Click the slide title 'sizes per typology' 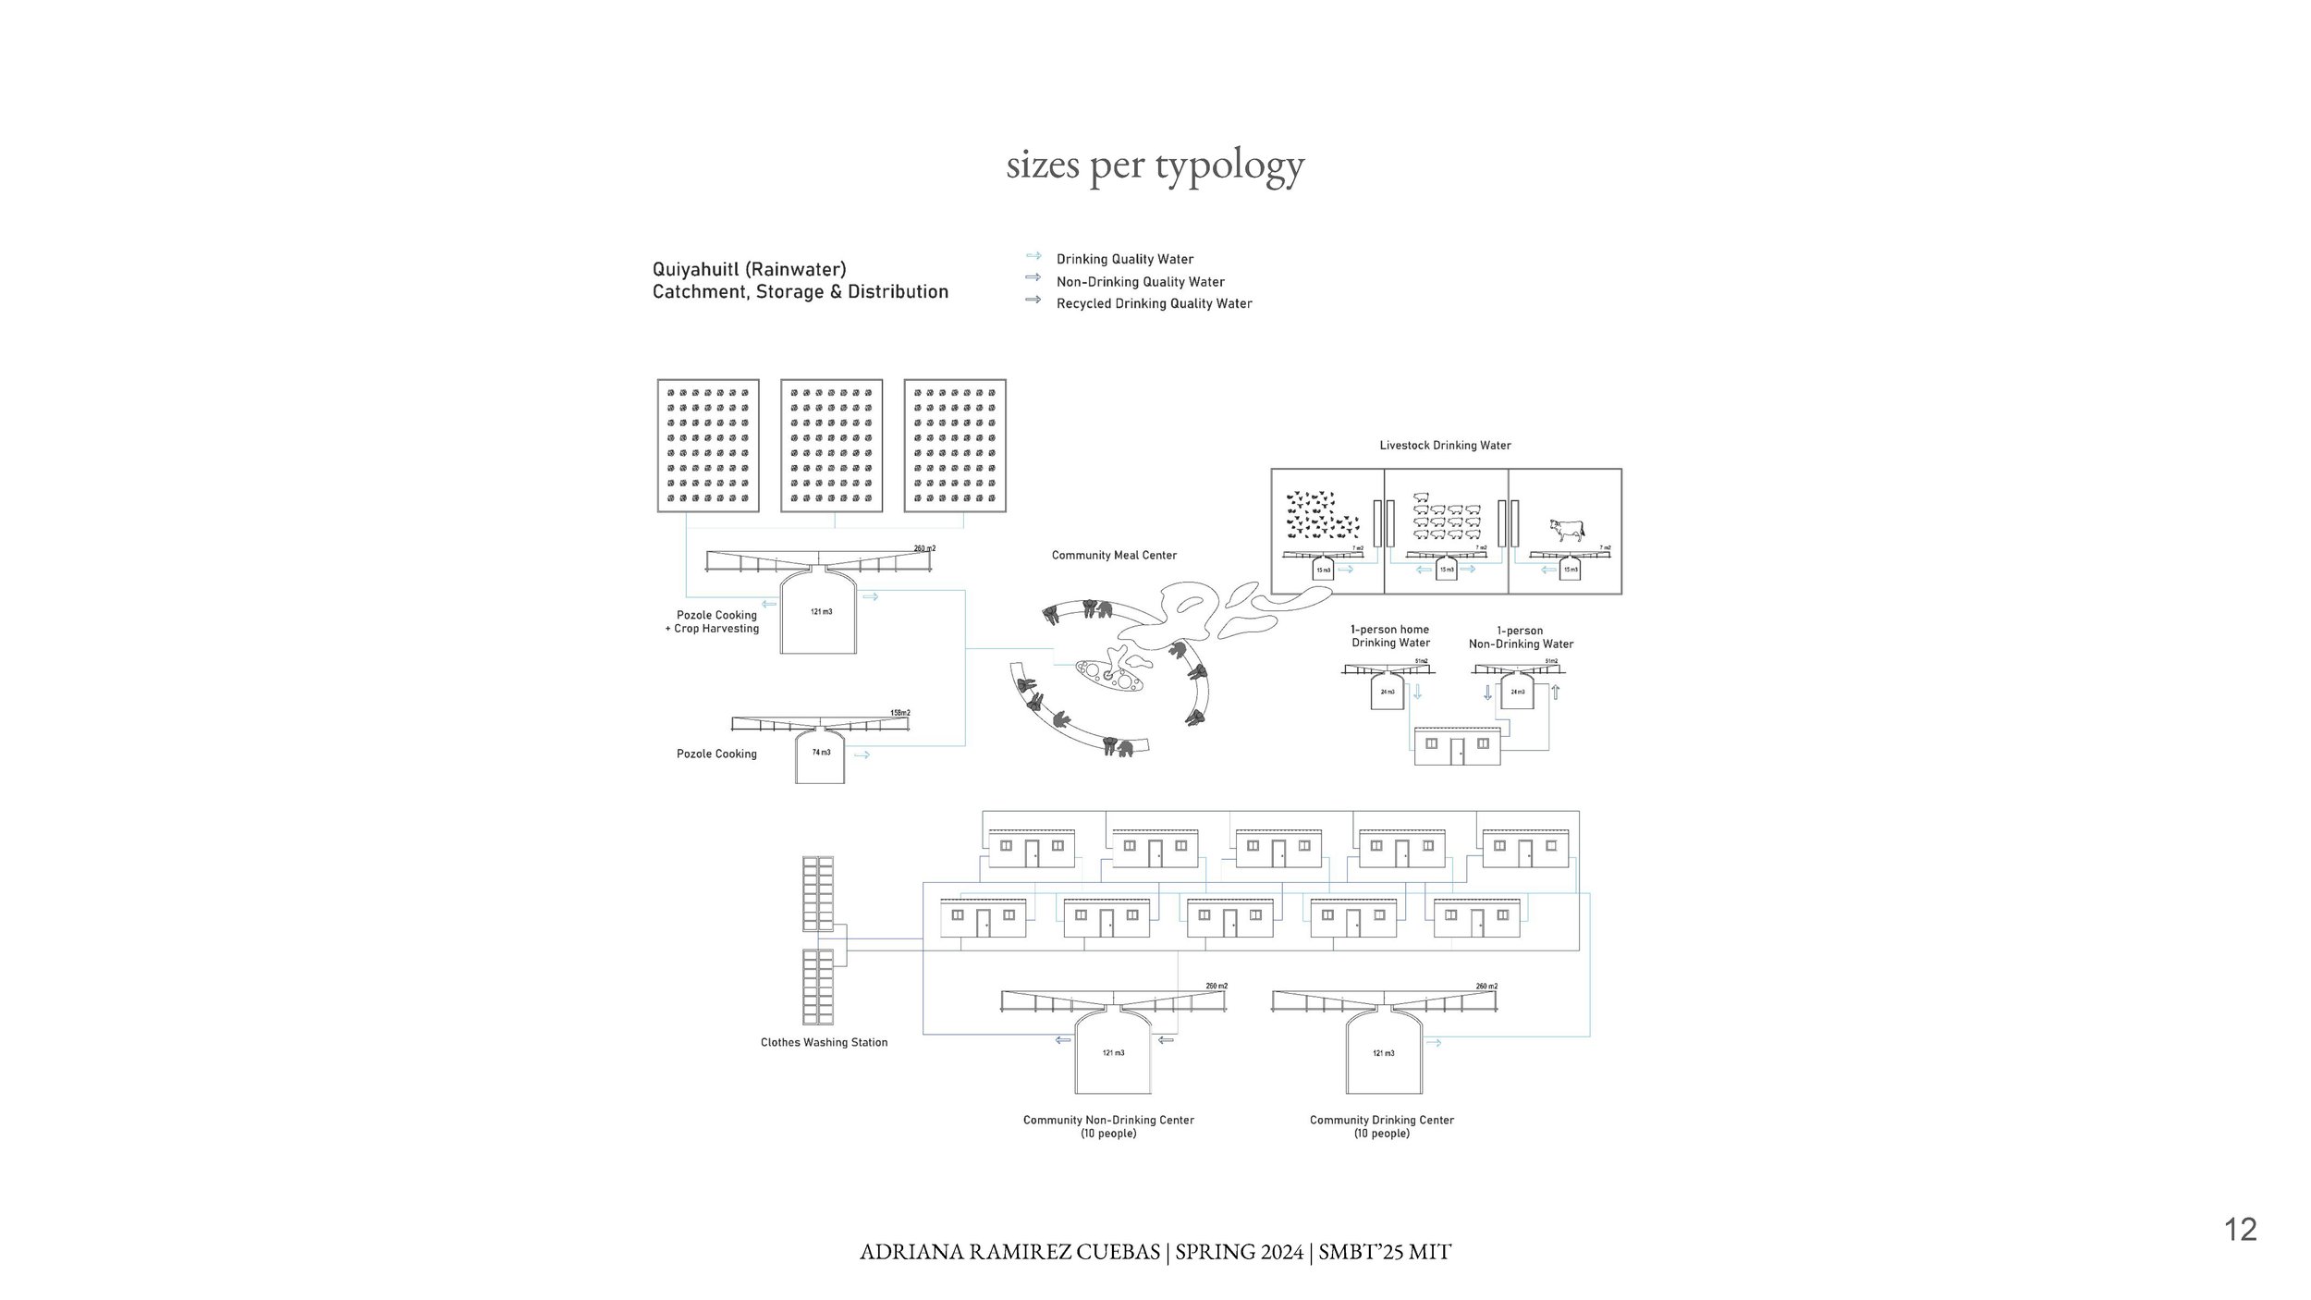(x=1155, y=166)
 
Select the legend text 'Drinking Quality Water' (x=1125, y=260)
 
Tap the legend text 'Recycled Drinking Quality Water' (x=1154, y=304)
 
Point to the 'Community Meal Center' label (x=1114, y=556)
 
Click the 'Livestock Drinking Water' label (x=1445, y=446)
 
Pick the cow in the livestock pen (x=1567, y=530)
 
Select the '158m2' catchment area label (x=899, y=713)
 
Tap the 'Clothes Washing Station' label (x=824, y=1043)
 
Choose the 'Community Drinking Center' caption (x=1382, y=1121)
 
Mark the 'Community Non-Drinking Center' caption (x=1108, y=1121)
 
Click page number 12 (x=2240, y=1230)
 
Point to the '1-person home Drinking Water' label (x=1390, y=636)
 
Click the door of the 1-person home (x=1457, y=750)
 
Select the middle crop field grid (x=831, y=445)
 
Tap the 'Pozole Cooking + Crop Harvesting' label (x=716, y=622)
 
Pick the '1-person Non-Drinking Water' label (x=1521, y=638)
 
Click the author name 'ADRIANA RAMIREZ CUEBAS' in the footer (x=1009, y=1253)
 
